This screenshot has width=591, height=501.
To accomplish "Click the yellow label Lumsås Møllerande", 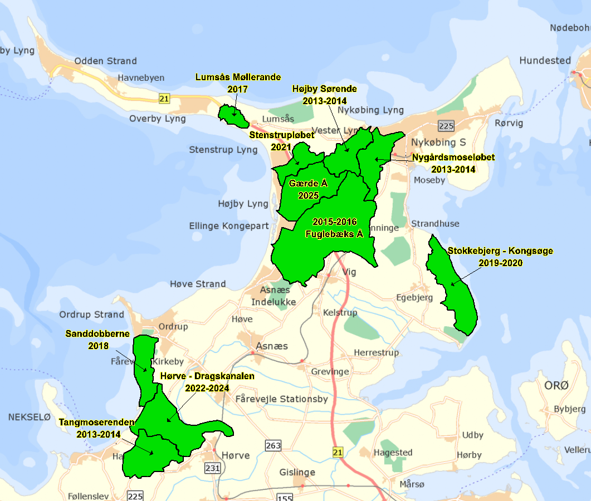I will pyautogui.click(x=238, y=77).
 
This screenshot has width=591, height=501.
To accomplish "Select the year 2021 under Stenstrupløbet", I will pyautogui.click(x=281, y=147).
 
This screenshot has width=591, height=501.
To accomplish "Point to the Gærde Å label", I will pyautogui.click(x=308, y=183).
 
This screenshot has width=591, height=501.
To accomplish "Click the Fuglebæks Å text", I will pyautogui.click(x=334, y=234).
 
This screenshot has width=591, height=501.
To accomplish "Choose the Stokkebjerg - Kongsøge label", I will pyautogui.click(x=500, y=251).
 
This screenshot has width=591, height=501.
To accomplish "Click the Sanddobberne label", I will pyautogui.click(x=97, y=334).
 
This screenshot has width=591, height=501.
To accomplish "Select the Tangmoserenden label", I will pyautogui.click(x=97, y=423).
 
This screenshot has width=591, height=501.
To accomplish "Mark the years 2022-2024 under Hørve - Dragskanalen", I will pyautogui.click(x=207, y=388).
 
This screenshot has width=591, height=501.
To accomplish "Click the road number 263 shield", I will pyautogui.click(x=273, y=446).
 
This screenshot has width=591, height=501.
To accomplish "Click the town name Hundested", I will pyautogui.click(x=545, y=60).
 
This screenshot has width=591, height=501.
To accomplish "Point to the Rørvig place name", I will pyautogui.click(x=509, y=124).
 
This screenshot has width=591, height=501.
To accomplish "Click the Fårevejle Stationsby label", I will pyautogui.click(x=281, y=399).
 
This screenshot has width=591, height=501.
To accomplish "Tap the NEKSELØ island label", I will pyautogui.click(x=30, y=416).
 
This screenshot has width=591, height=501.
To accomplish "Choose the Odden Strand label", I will pyautogui.click(x=105, y=61).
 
